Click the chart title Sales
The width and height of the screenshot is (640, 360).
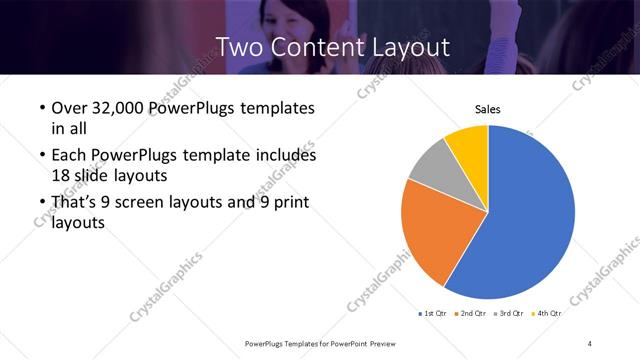click(x=487, y=109)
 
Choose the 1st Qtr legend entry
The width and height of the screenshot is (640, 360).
click(x=432, y=314)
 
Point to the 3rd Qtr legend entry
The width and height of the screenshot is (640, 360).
click(x=508, y=314)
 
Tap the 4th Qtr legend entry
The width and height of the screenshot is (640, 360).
click(x=546, y=314)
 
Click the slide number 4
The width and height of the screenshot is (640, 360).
click(x=590, y=343)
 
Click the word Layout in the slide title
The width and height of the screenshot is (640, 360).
click(x=412, y=46)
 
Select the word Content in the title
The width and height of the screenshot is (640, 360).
click(x=317, y=46)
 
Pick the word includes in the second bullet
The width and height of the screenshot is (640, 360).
click(x=286, y=156)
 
